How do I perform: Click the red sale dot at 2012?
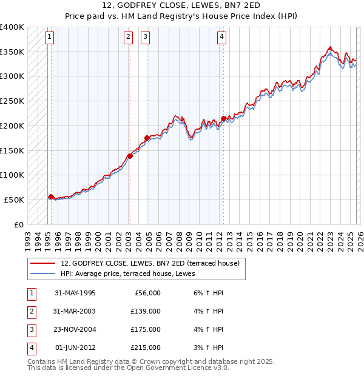click(224, 118)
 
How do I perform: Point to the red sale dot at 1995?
click(51, 196)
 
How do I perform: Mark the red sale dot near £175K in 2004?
click(147, 138)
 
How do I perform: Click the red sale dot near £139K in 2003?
click(130, 156)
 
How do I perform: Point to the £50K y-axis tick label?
click(15, 200)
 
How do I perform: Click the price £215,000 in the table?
click(145, 347)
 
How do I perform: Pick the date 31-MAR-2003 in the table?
click(75, 311)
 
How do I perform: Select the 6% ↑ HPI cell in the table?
click(206, 293)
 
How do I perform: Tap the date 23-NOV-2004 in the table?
click(75, 329)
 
